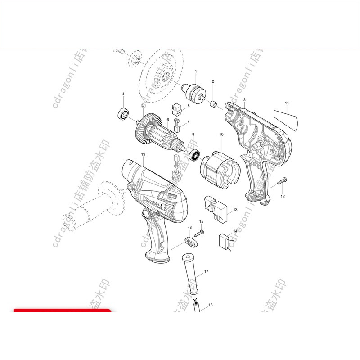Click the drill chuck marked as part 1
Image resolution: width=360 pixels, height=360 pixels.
(194, 91)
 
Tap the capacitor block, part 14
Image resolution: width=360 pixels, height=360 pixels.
(225, 241)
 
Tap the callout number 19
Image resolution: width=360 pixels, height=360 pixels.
(143, 154)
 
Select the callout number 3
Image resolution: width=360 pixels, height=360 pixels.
(244, 99)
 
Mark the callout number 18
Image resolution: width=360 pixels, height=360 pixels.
(210, 305)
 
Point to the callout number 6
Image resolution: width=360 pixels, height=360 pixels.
(168, 120)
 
